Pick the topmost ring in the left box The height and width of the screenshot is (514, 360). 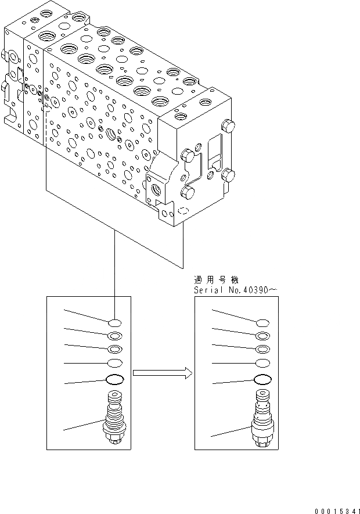pyautogui.click(x=114, y=323)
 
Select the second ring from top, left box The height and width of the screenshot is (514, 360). pyautogui.click(x=114, y=336)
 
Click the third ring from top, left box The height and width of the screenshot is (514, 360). pyautogui.click(x=114, y=349)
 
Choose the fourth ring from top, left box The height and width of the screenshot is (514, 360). pyautogui.click(x=114, y=364)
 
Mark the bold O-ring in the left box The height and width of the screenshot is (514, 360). pyautogui.click(x=114, y=380)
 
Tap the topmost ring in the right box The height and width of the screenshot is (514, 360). pyautogui.click(x=262, y=323)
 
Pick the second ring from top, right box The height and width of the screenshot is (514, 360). pyautogui.click(x=262, y=336)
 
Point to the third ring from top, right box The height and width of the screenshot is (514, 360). pyautogui.click(x=262, y=349)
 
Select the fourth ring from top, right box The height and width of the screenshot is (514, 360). pyautogui.click(x=262, y=364)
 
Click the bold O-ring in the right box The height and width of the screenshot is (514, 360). pyautogui.click(x=262, y=380)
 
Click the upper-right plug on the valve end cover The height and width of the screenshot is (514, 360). pyautogui.click(x=228, y=125)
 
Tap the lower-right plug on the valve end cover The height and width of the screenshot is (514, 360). pyautogui.click(x=228, y=174)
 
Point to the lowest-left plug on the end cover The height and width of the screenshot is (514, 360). pyautogui.click(x=187, y=192)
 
